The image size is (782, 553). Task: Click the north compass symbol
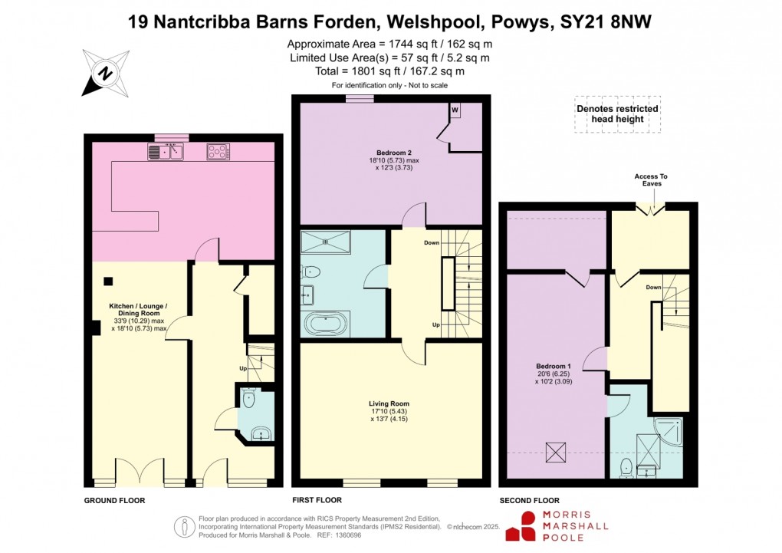pyautogui.click(x=103, y=73)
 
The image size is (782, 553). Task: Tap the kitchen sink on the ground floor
pyautogui.click(x=166, y=152)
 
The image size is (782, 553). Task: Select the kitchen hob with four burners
pyautogui.click(x=218, y=152)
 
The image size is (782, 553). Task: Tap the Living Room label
pyautogui.click(x=389, y=403)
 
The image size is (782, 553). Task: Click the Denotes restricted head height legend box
pyautogui.click(x=617, y=114)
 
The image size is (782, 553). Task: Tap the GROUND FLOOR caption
pyautogui.click(x=114, y=500)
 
